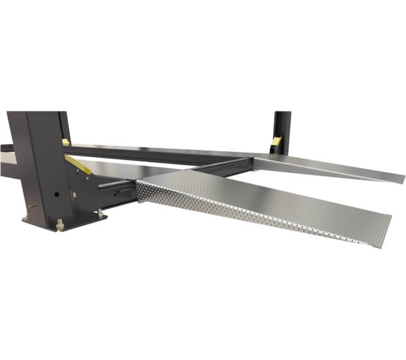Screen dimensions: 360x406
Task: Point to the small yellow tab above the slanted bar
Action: click(65, 141)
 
